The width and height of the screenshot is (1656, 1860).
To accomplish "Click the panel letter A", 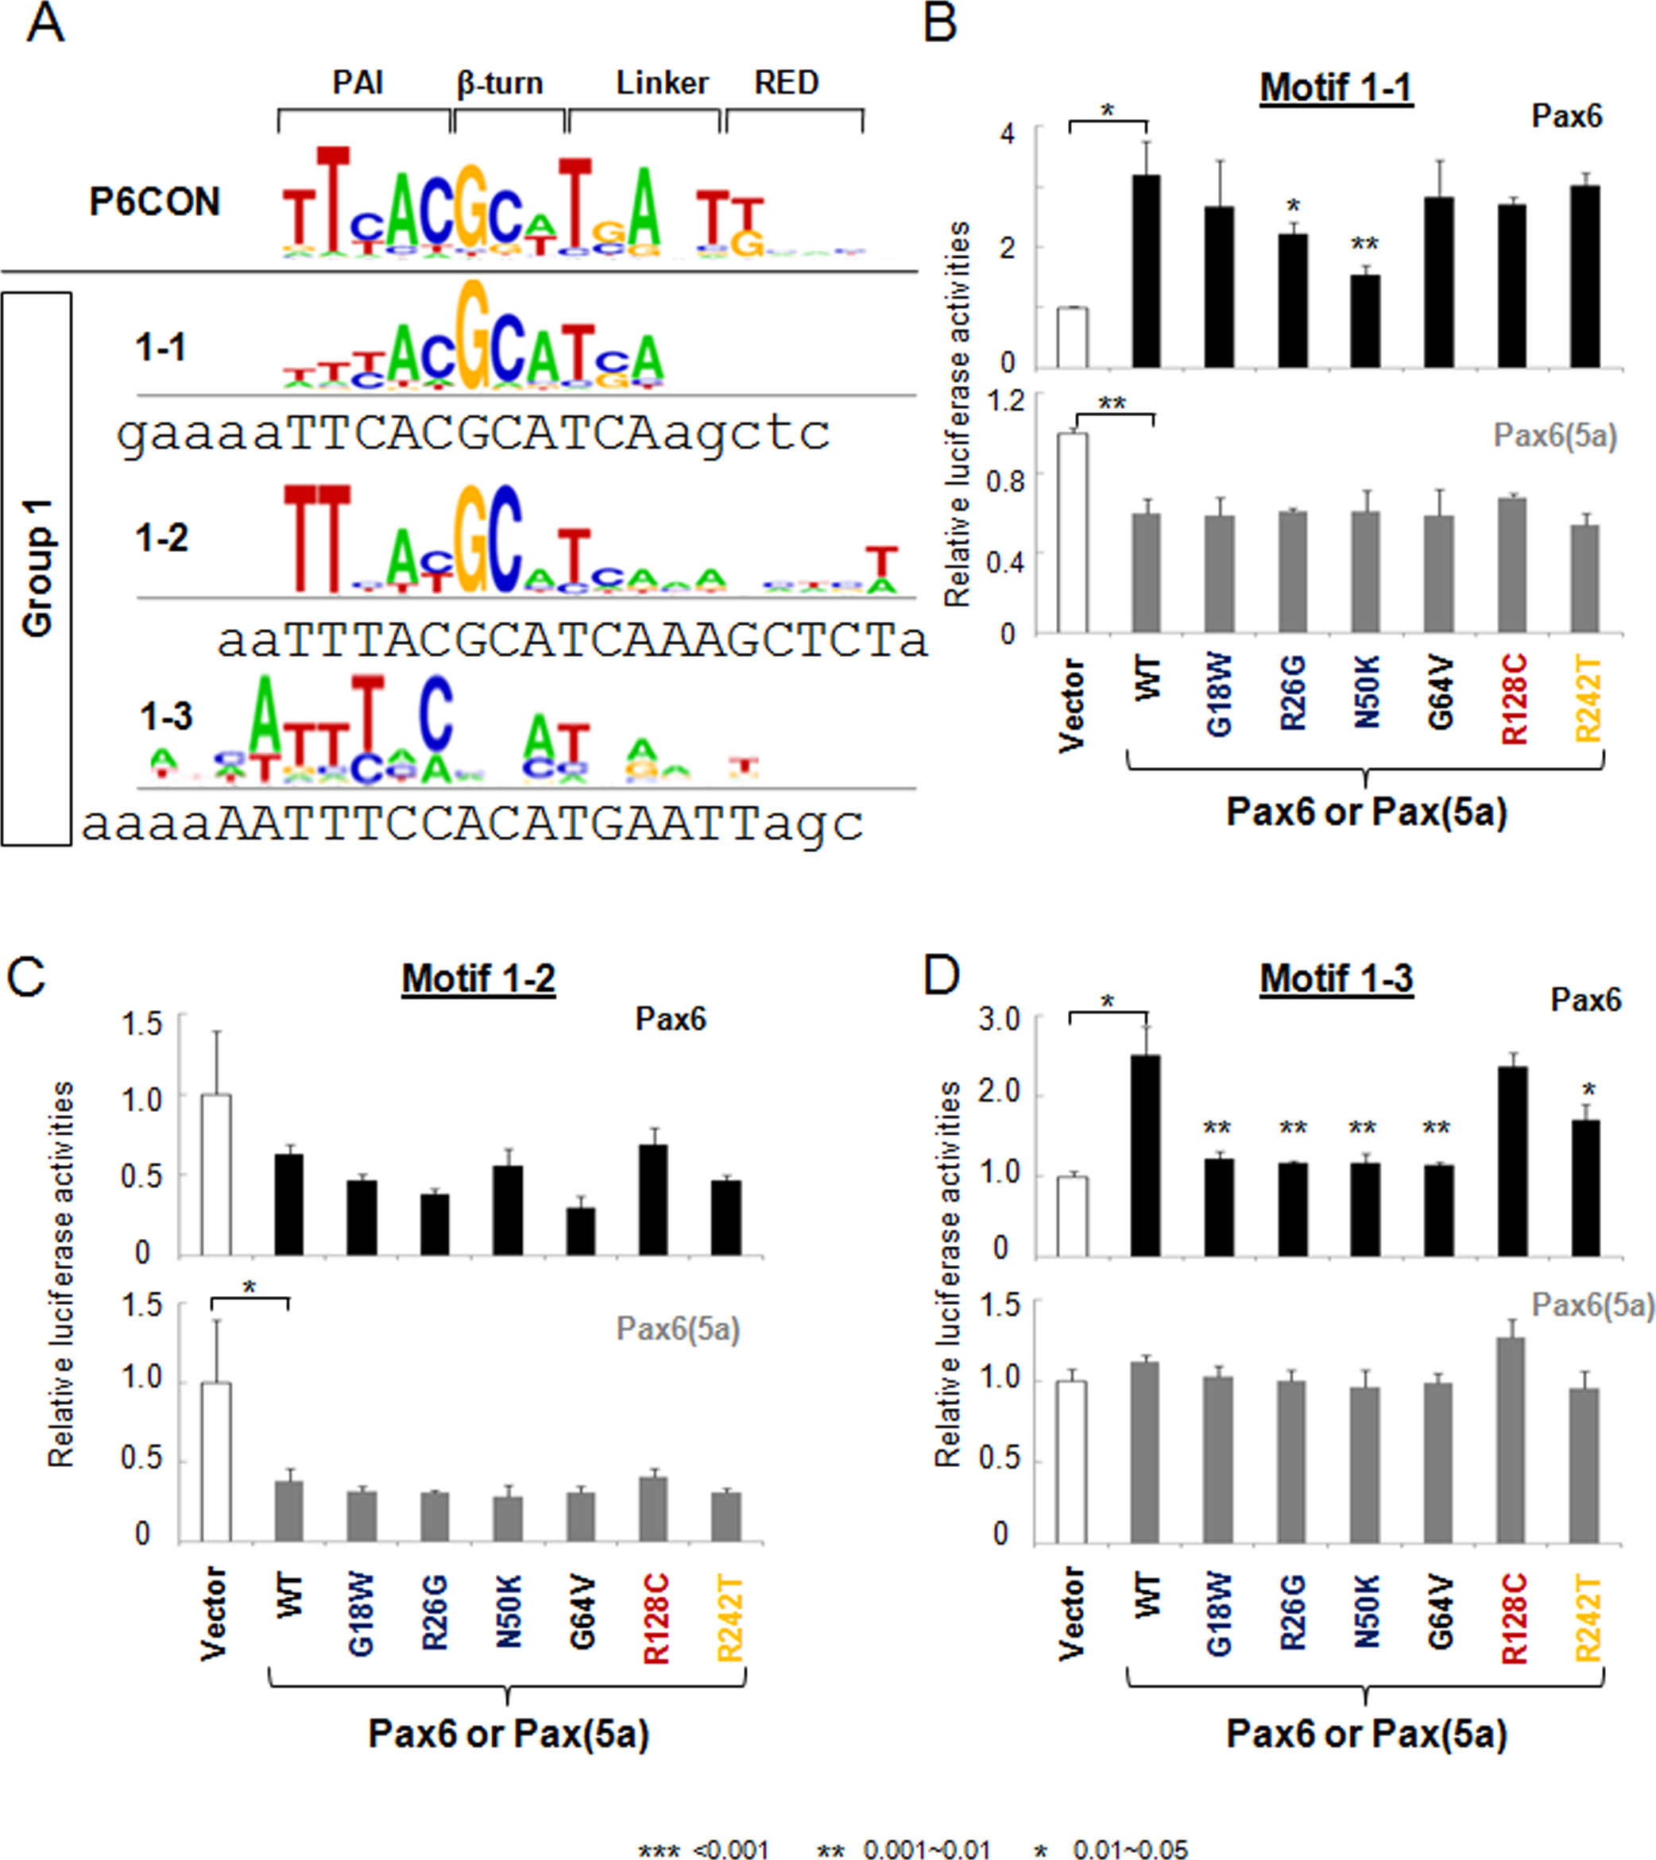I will click(x=44, y=24).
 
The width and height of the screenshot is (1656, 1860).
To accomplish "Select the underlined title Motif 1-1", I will click(x=1336, y=88).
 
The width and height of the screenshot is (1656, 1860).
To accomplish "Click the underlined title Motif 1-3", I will click(x=1336, y=978).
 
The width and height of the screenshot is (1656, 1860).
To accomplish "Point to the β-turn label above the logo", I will click(x=500, y=83).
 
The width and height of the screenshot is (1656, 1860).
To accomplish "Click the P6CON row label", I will click(x=155, y=202).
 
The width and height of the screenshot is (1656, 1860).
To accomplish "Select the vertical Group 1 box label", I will click(x=37, y=568).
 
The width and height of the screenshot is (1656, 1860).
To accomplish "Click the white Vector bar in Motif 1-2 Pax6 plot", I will click(x=216, y=1175).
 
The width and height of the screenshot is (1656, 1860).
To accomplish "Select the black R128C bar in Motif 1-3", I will click(x=1512, y=1161).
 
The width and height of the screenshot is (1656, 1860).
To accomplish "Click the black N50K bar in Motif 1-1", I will click(x=1364, y=321).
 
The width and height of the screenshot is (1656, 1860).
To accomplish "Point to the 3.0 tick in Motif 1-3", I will click(x=999, y=1019).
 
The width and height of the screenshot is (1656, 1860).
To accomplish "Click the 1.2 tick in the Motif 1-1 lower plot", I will click(x=1005, y=401).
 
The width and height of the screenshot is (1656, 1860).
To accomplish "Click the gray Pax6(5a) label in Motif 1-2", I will click(x=679, y=1329).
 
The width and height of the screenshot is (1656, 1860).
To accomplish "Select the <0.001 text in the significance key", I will click(x=731, y=1849).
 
